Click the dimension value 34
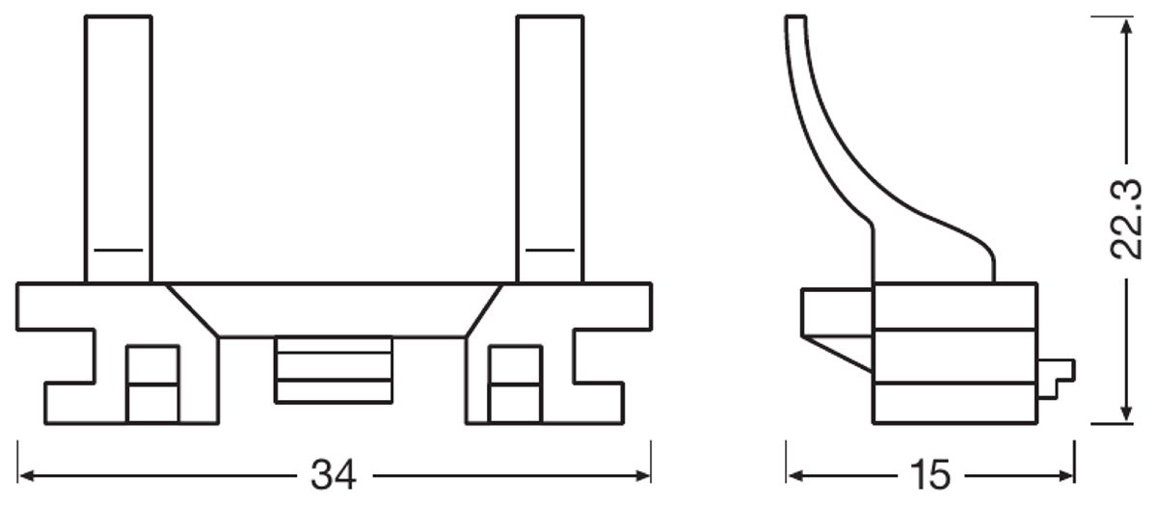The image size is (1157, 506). (335, 475)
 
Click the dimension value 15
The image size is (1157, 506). (929, 475)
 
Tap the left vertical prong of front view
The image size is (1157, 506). (118, 145)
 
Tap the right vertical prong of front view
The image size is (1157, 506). (551, 145)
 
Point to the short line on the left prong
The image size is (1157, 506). (118, 250)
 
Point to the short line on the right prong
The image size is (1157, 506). (551, 250)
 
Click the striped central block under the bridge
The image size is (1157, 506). (334, 369)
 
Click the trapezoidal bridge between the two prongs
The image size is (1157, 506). (334, 309)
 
